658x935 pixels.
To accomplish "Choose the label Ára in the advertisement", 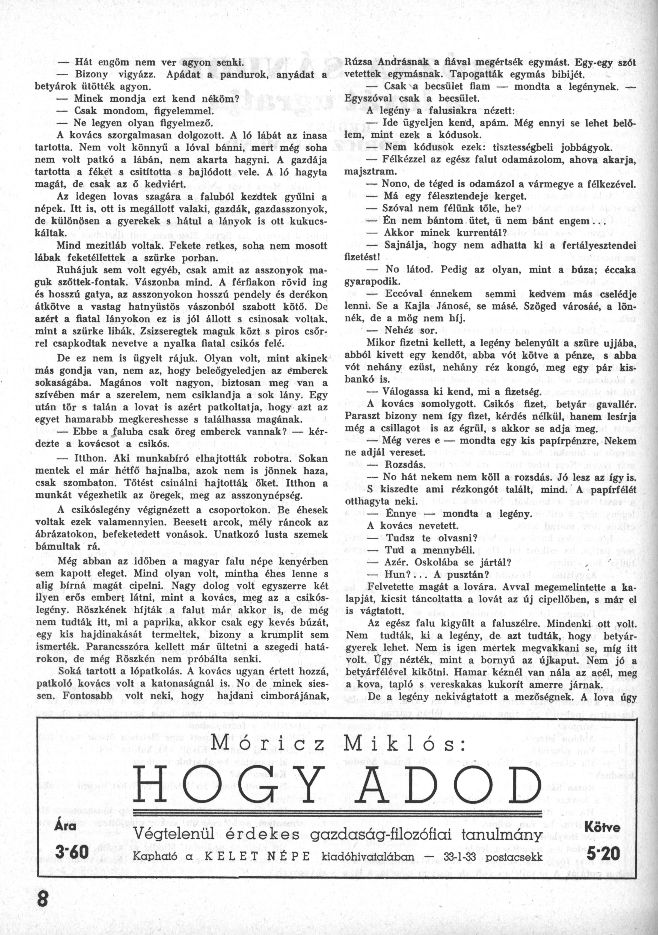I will click(65, 816).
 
